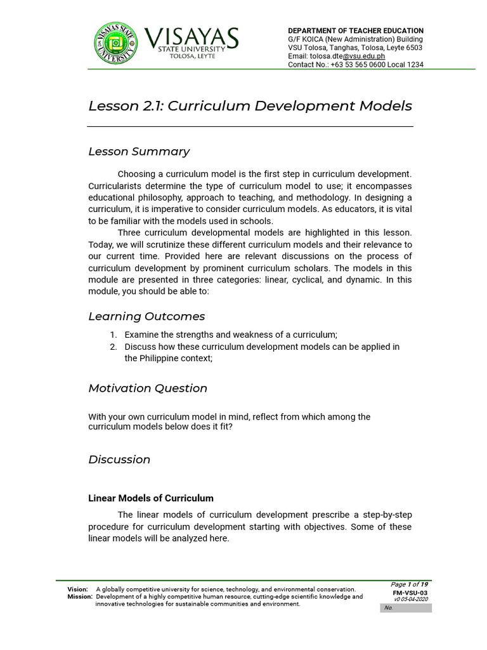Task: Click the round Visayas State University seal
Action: tap(115, 43)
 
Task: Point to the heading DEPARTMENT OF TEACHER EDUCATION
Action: tap(356, 30)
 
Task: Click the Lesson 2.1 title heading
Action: tap(250, 105)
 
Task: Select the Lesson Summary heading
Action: tap(139, 152)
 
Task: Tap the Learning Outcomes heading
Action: tap(146, 316)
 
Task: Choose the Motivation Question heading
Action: tap(148, 388)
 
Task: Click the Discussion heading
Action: tap(119, 460)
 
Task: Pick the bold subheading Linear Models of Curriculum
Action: tap(151, 498)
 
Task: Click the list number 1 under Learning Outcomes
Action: tap(113, 335)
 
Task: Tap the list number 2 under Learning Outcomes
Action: tap(113, 347)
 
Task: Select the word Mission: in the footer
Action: tap(80, 597)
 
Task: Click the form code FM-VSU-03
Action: tap(411, 592)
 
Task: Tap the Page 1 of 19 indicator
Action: tap(409, 585)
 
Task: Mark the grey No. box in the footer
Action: tap(406, 608)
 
